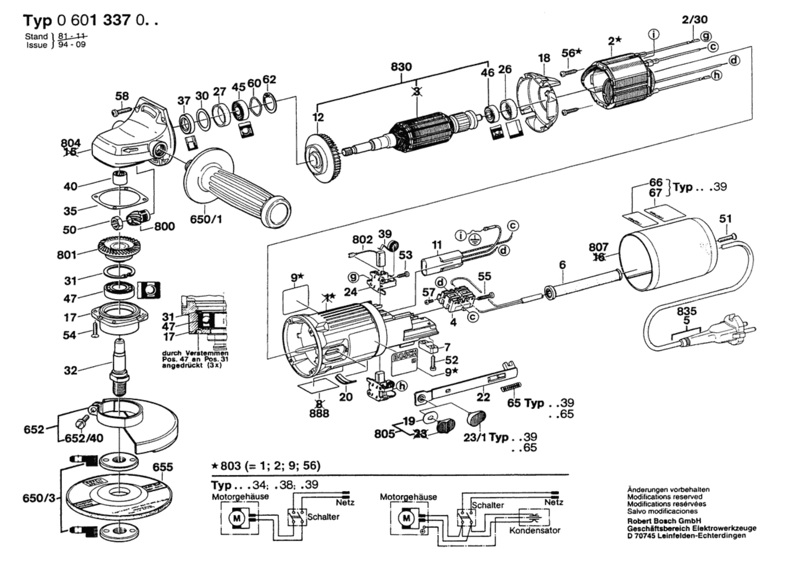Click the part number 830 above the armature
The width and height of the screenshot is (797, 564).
pyautogui.click(x=401, y=67)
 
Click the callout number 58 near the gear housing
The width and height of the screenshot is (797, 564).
pyautogui.click(x=122, y=96)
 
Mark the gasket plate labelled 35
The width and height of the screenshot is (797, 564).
pyautogui.click(x=120, y=199)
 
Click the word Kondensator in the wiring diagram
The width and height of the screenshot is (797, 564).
pyautogui.click(x=534, y=530)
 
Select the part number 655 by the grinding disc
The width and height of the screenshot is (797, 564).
pyautogui.click(x=163, y=467)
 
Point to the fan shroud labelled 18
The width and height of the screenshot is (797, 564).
pyautogui.click(x=536, y=104)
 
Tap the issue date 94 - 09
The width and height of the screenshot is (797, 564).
pyautogui.click(x=72, y=45)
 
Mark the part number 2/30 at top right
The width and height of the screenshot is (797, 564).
pyautogui.click(x=695, y=19)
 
